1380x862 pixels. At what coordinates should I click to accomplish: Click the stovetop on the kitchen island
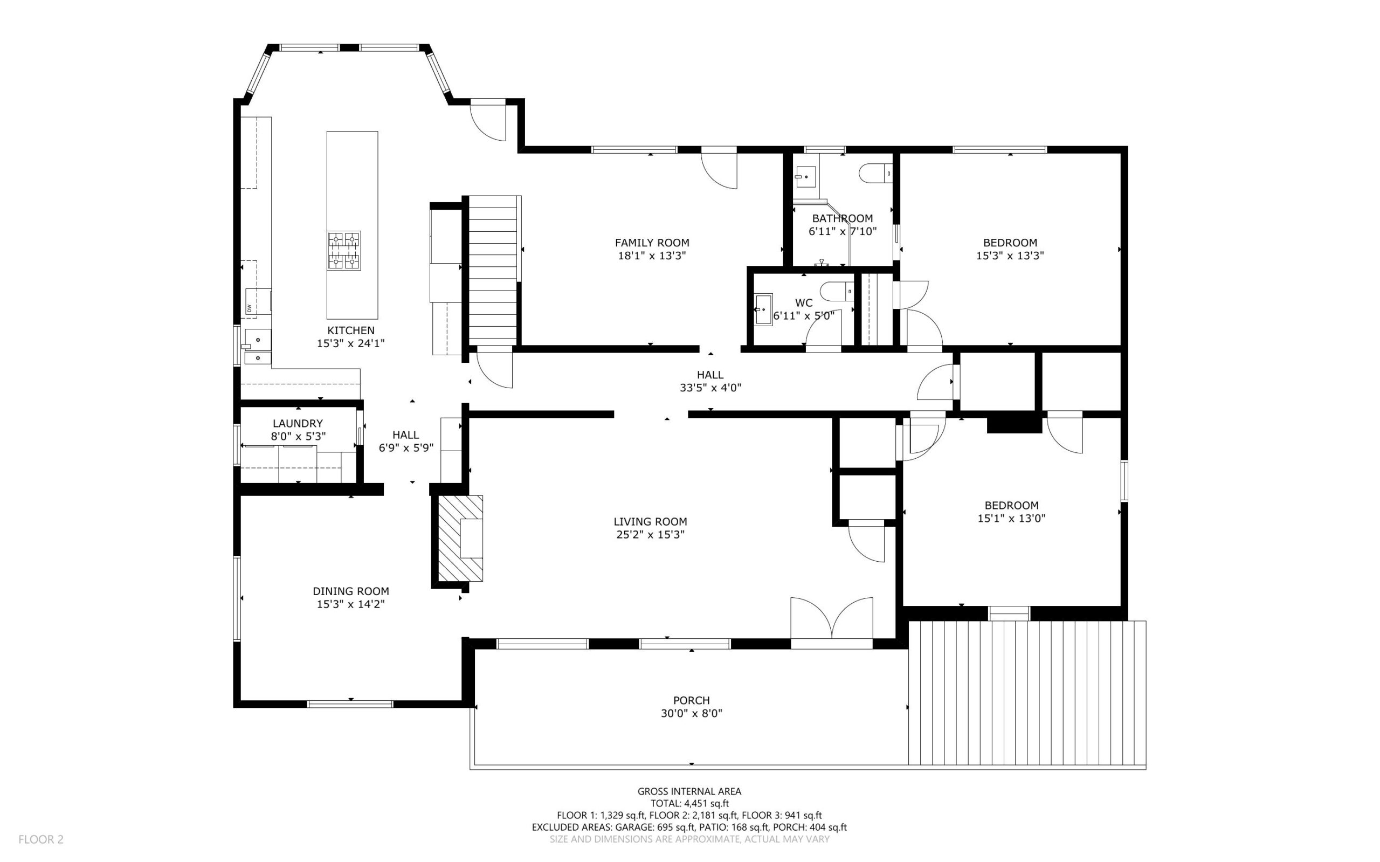click(344, 250)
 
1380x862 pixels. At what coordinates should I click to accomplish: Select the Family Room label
click(652, 243)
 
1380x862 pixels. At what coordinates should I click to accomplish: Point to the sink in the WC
click(763, 309)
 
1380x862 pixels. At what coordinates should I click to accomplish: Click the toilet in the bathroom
click(875, 173)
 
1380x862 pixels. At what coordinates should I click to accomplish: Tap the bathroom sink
click(805, 177)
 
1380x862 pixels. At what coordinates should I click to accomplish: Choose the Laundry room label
click(298, 424)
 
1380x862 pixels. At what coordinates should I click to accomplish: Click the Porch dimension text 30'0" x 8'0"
click(692, 713)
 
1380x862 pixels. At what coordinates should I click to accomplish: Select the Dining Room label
click(350, 591)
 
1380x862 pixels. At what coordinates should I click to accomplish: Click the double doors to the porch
click(832, 623)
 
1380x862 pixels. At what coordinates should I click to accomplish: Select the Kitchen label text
click(350, 330)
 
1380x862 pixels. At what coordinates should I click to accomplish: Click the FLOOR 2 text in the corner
click(41, 839)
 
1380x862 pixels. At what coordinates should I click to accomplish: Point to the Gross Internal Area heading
click(689, 791)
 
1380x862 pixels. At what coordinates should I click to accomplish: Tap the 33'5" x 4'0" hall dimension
click(710, 388)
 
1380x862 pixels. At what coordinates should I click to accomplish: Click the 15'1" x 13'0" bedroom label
click(1011, 518)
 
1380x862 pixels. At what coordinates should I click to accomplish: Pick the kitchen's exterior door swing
click(488, 121)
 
